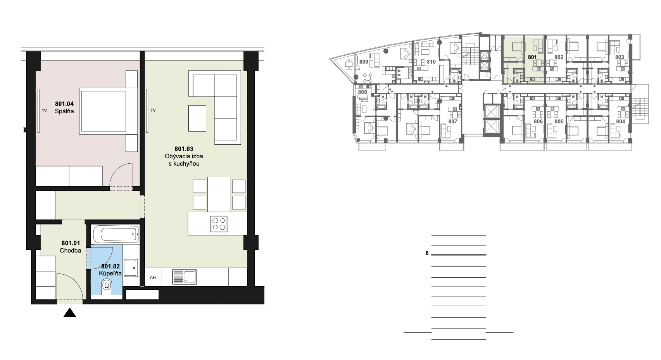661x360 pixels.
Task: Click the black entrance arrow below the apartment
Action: point(70,313)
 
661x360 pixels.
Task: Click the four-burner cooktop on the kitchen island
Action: point(219,224)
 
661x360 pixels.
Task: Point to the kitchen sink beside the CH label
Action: point(185,277)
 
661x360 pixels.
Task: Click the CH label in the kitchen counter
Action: point(153,278)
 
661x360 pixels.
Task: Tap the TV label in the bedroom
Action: point(44,111)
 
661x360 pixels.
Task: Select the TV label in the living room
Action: point(153,110)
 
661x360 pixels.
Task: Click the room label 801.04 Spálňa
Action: point(64,107)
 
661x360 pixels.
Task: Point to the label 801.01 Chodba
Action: point(71,247)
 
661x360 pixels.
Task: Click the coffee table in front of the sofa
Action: point(197,118)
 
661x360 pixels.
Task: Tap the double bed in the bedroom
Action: point(108,111)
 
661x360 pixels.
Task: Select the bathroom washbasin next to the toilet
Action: point(130,268)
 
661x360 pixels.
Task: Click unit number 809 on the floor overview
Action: point(364,62)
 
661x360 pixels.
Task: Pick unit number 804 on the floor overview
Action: point(621,121)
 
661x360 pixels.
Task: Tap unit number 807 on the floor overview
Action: point(453,121)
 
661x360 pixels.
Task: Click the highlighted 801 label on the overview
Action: point(532,57)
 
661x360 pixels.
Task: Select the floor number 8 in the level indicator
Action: point(427,253)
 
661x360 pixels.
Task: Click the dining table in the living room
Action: point(219,194)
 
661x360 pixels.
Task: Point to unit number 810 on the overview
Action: point(431,62)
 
